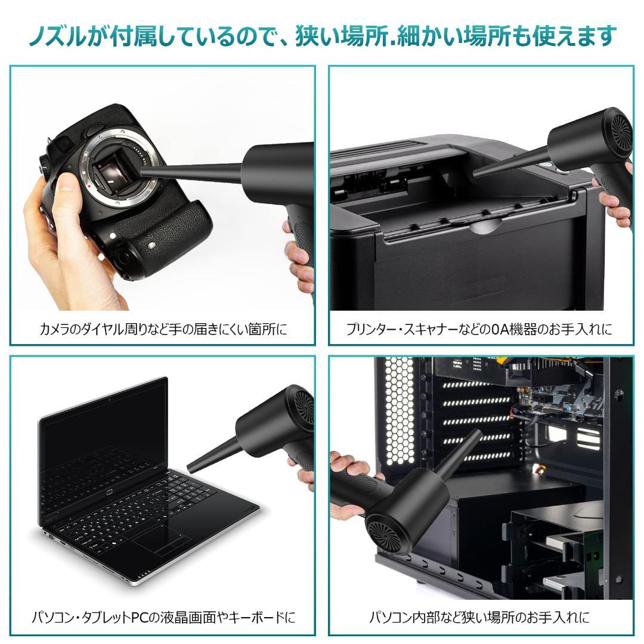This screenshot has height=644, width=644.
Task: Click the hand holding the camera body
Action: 57,239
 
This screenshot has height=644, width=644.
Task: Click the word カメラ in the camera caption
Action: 54,329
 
